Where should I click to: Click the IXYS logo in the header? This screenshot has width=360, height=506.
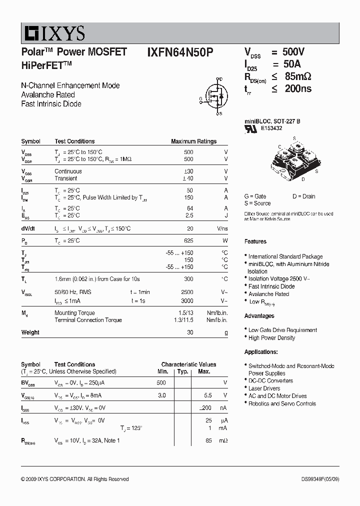(x=53, y=33)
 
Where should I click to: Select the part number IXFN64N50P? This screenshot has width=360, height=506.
(x=180, y=52)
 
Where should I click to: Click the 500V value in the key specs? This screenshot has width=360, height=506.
(x=293, y=52)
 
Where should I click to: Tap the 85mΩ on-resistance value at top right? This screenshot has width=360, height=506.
(x=298, y=76)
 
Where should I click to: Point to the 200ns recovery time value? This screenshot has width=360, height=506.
(x=298, y=88)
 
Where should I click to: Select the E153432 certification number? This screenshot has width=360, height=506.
(x=271, y=128)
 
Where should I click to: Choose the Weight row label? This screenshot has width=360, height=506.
(x=30, y=332)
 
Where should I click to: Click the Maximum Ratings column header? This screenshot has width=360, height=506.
(x=193, y=141)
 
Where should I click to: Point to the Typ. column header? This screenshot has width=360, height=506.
(x=183, y=371)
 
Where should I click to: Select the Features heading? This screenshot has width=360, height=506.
(x=255, y=241)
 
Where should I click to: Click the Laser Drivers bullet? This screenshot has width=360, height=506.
(x=264, y=388)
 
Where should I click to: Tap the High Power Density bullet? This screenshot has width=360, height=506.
(x=271, y=338)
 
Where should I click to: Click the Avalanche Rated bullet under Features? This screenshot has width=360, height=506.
(x=268, y=294)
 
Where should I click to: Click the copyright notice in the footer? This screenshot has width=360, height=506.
(x=75, y=479)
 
